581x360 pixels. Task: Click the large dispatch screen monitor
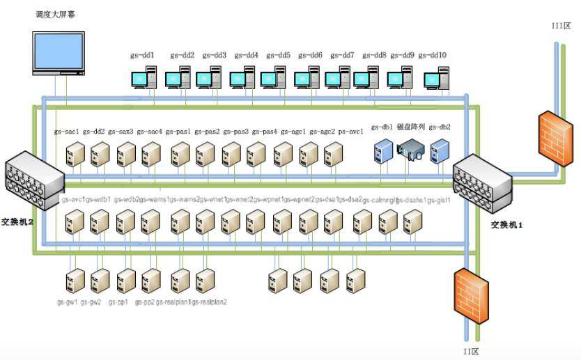coord(61,53)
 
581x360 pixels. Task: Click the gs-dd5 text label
coord(279,55)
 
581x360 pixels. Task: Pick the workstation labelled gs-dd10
coord(437,77)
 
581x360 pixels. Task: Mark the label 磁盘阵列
coord(410,127)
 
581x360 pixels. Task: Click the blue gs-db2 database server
coord(439,151)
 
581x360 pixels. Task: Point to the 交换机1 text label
coord(506,225)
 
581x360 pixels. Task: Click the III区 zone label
coord(561,26)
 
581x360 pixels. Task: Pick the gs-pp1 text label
coord(127,302)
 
